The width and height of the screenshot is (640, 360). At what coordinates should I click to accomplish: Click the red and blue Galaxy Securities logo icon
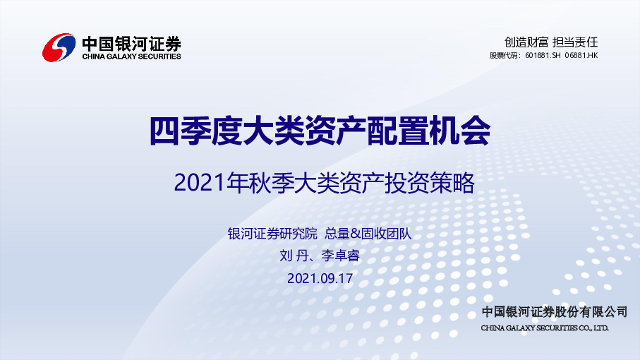point(59,47)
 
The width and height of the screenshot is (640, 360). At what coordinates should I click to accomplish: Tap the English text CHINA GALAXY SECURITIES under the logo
point(131,56)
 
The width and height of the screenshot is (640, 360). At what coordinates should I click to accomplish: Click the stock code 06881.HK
point(581,55)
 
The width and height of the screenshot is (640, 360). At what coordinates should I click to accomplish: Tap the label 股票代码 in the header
point(505,55)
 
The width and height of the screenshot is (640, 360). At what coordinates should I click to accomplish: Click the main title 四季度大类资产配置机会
point(320,131)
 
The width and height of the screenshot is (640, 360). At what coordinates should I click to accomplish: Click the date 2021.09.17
point(320,278)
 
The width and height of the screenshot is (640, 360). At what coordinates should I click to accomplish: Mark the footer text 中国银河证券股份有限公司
point(554,312)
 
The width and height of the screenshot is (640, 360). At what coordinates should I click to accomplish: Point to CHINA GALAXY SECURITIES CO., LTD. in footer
point(544,328)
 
